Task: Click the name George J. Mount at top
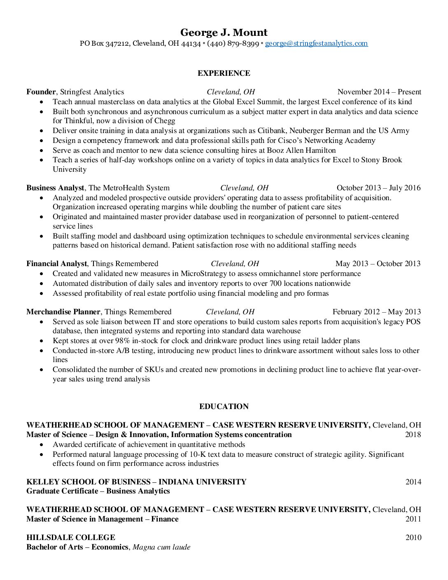click(224, 33)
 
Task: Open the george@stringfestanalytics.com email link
click(316, 43)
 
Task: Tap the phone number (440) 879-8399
click(233, 43)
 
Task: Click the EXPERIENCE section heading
click(224, 73)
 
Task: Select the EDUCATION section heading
click(224, 407)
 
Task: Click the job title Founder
click(41, 92)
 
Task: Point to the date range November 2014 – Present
click(379, 92)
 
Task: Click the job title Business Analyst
click(55, 188)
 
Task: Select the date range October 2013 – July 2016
click(378, 188)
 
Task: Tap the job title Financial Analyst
click(56, 264)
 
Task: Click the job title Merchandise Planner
click(63, 312)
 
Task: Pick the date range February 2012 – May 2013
click(376, 312)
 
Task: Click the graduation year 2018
click(413, 435)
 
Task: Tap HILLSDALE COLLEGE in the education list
click(71, 538)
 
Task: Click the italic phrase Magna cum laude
click(161, 547)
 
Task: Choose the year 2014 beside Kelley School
click(413, 482)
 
